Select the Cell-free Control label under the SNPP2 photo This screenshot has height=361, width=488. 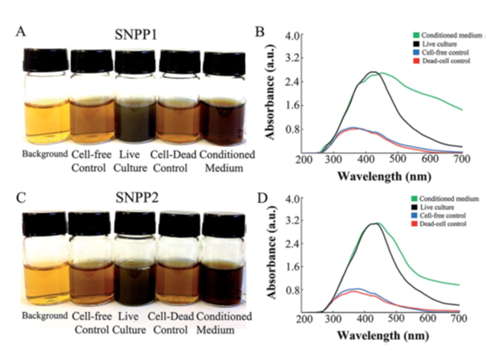[90, 318]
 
